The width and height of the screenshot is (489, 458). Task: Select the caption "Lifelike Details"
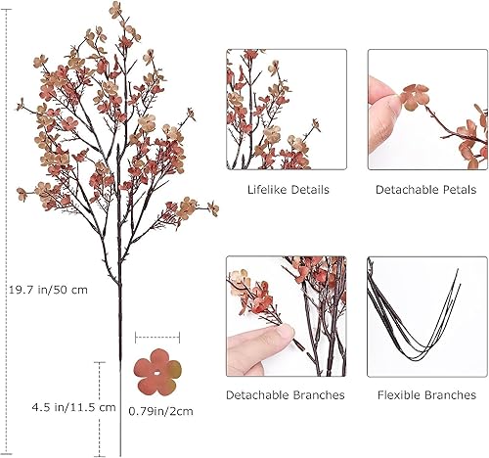click(x=287, y=189)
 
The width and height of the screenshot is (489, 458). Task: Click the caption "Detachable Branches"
click(x=286, y=395)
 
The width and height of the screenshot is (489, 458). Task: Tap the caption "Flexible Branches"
click(x=425, y=395)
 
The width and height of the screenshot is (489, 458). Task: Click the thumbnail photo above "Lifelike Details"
click(x=287, y=109)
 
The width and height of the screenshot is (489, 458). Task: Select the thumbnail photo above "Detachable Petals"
click(x=425, y=109)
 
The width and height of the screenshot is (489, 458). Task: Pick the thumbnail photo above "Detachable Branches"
click(x=287, y=315)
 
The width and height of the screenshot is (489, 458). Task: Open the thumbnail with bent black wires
click(x=425, y=315)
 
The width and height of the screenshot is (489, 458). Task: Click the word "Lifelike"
click(x=266, y=189)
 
